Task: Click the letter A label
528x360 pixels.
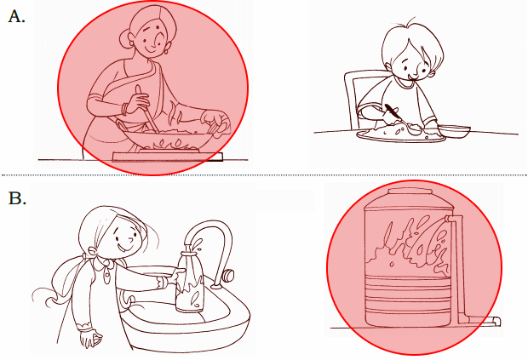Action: point(16,16)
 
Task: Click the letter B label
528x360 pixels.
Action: point(17,198)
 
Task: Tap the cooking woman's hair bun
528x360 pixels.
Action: point(124,39)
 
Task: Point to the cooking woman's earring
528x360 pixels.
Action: point(166,52)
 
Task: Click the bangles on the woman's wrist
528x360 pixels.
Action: point(125,109)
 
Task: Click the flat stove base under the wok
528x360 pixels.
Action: point(168,157)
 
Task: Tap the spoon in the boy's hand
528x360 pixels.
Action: point(403,119)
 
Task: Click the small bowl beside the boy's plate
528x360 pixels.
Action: point(454,131)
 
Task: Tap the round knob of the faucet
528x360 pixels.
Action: point(229,275)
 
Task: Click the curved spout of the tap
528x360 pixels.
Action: point(212,232)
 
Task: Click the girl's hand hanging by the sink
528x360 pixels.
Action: point(89,339)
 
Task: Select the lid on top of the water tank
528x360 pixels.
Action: point(410,191)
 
